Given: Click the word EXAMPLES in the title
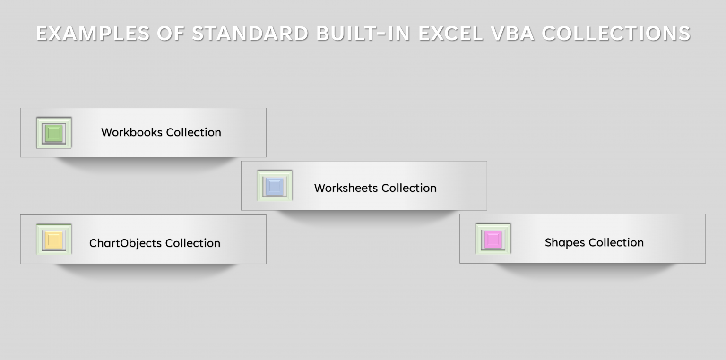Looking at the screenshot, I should [88, 34].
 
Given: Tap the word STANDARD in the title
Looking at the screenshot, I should [250, 34].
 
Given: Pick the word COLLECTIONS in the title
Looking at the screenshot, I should [616, 34].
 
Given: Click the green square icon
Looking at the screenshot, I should [54, 133].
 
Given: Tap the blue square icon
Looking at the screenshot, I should [275, 186].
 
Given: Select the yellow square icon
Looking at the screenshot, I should [54, 240].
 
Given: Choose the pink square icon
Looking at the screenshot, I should [493, 239].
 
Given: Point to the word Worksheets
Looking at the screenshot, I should [346, 188].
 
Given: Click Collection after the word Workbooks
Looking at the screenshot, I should [194, 132].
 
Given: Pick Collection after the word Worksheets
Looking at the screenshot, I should [409, 188].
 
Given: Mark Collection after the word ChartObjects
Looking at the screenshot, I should [193, 243].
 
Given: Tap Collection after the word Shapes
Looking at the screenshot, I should [616, 243].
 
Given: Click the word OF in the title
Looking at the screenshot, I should [166, 34].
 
